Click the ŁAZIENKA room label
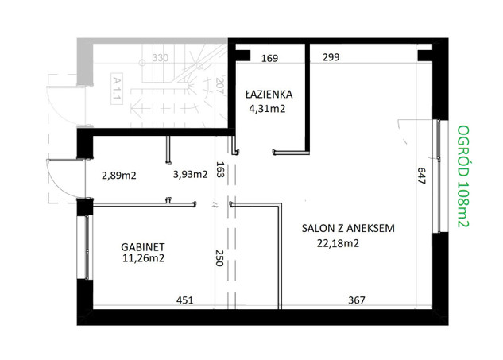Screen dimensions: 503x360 pyautogui.click(x=269, y=94)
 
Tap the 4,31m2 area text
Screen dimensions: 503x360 pyautogui.click(x=267, y=109)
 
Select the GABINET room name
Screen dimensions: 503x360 pyautogui.click(x=143, y=246)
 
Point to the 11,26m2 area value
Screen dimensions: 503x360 pyautogui.click(x=143, y=258)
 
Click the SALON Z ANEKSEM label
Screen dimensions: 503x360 pyautogui.click(x=348, y=228)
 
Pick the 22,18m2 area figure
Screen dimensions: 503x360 pyautogui.click(x=338, y=243)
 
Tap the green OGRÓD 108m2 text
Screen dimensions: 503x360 pyautogui.click(x=463, y=176)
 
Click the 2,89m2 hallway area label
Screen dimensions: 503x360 pyautogui.click(x=118, y=176)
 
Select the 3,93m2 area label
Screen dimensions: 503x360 pyautogui.click(x=190, y=174)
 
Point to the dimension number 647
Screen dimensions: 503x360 pyautogui.click(x=421, y=176)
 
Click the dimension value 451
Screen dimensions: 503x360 pyautogui.click(x=185, y=300)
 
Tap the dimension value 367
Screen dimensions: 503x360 pyautogui.click(x=357, y=300)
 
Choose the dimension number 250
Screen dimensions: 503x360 pyautogui.click(x=219, y=258)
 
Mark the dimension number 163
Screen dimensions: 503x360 pyautogui.click(x=219, y=169)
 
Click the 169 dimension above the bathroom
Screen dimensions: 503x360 pyautogui.click(x=269, y=58)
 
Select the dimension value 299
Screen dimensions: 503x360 pyautogui.click(x=331, y=57)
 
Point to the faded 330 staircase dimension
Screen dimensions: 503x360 pyautogui.click(x=160, y=58)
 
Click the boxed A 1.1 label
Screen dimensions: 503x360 pyautogui.click(x=117, y=89)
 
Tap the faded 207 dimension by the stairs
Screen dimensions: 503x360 pyautogui.click(x=219, y=85)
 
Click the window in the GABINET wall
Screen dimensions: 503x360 pyautogui.click(x=87, y=247)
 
